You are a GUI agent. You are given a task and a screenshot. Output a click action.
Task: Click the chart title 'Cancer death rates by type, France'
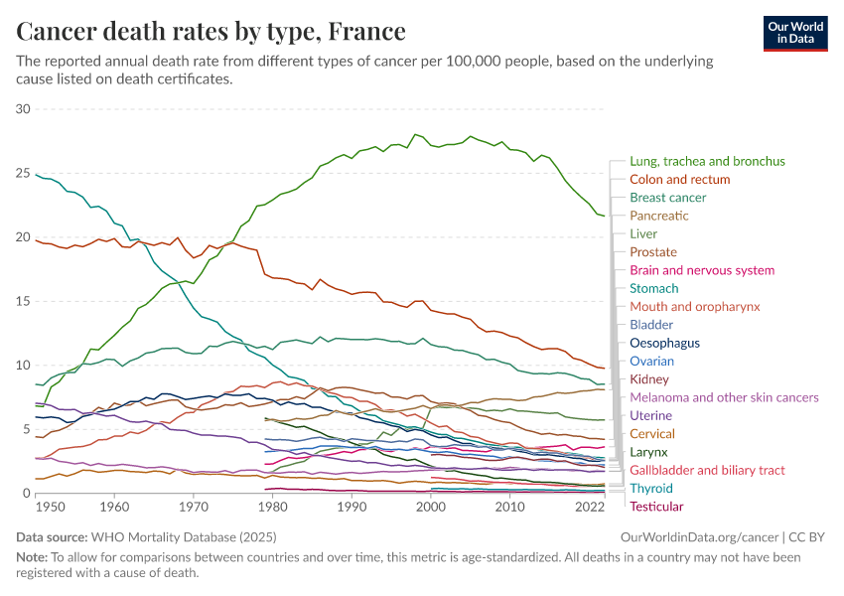pos(211,32)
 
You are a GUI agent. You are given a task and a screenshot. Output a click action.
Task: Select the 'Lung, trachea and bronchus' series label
pos(707,161)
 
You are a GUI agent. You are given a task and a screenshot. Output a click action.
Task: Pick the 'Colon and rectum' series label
pos(679,179)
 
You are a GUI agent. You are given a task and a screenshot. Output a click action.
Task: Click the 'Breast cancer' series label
pos(667,198)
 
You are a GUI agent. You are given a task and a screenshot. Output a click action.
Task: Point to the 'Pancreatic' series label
pos(658,216)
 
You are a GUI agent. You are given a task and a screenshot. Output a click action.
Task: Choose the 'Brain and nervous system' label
pos(702,270)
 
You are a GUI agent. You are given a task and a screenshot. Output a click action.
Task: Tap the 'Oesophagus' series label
pos(664,343)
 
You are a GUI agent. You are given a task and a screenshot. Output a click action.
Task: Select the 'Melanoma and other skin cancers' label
pos(724,397)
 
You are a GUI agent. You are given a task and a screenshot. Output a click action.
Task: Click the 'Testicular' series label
pos(656,507)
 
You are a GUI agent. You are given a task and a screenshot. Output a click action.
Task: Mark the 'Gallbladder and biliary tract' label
pos(707,470)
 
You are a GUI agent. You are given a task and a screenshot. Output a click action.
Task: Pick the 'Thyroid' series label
pos(650,488)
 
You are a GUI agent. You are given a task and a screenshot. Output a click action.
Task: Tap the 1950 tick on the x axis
pos(50,507)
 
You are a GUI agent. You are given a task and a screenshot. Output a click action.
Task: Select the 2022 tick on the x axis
pos(590,507)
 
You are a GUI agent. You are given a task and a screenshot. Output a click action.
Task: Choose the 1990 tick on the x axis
pos(351,507)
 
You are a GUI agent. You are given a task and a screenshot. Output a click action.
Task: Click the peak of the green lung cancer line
pos(415,134)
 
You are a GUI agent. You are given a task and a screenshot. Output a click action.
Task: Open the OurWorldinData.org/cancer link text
pos(692,537)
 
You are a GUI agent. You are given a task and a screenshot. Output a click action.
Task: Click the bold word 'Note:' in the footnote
pos(33,556)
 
